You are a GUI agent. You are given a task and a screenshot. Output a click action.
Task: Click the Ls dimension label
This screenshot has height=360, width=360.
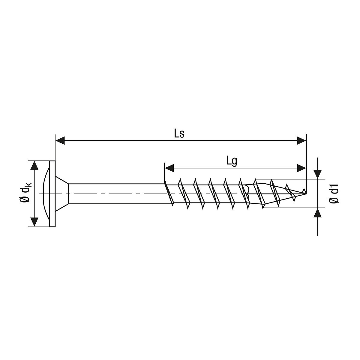coord(179,134)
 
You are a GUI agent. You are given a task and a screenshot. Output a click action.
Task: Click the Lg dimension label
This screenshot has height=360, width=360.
coord(232,161)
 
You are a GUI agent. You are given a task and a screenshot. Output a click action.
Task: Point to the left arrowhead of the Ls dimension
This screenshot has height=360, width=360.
coord(60,140)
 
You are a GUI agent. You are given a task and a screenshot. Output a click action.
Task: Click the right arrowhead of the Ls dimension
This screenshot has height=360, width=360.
coord(301,140)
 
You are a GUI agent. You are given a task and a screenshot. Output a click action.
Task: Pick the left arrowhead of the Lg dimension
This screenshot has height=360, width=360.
coord(169,168)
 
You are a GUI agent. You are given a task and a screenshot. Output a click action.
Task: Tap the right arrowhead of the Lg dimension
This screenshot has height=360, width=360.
coord(301,168)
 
